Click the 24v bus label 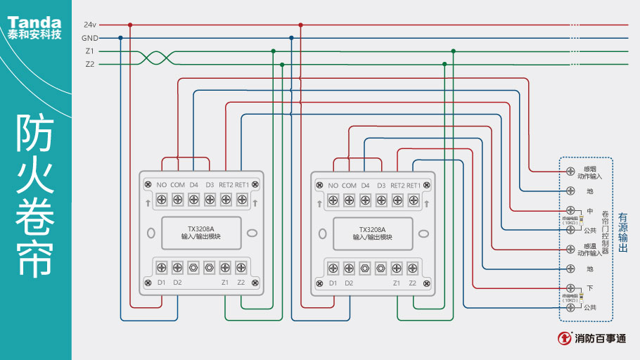pos(90,25)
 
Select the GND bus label pos(90,38)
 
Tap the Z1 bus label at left pos(90,51)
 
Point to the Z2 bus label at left pos(90,65)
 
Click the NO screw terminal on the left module pos(161,200)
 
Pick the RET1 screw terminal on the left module pos(242,200)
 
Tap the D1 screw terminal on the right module pos(333,268)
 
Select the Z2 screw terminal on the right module pos(413,268)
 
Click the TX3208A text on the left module pos(200,229)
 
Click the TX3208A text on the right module pos(373,229)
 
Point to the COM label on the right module pos(349,186)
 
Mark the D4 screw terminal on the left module pos(193,200)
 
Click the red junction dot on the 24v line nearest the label pos(129,25)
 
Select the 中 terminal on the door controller pos(570,211)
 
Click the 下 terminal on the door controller pos(570,288)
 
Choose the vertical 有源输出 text pos(623,233)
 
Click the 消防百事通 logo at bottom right pos(592,338)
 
